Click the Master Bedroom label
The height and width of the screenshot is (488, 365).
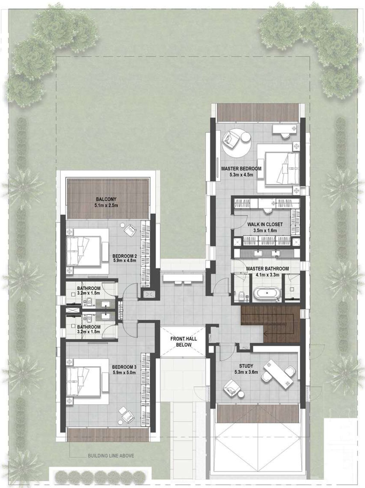(241, 169)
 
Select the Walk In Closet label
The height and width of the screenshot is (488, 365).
(265, 224)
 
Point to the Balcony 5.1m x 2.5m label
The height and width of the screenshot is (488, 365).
(106, 202)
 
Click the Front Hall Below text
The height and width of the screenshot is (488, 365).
(184, 342)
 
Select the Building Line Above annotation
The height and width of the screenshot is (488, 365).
(111, 456)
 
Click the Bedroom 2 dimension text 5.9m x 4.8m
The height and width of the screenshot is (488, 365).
(124, 260)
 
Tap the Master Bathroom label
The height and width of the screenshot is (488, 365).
(267, 269)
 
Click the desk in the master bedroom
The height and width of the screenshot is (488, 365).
(284, 129)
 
